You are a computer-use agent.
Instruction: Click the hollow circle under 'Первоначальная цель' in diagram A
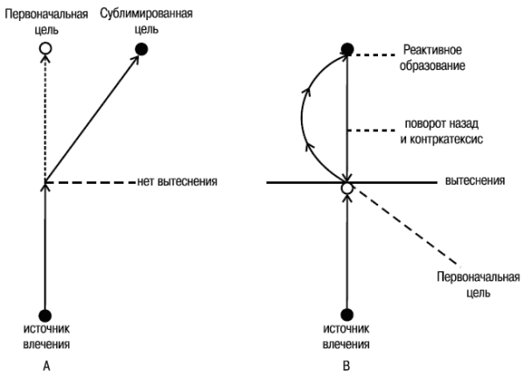click(45, 48)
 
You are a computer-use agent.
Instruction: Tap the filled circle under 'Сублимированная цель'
click(141, 49)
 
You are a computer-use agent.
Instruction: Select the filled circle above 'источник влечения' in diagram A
click(45, 315)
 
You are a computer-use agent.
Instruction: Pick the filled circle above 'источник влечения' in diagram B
click(346, 315)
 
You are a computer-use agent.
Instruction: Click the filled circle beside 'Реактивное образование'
click(347, 49)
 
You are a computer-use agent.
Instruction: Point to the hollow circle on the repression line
click(347, 188)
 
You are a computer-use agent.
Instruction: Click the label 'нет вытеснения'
click(177, 181)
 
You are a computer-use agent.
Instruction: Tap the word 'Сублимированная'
click(146, 14)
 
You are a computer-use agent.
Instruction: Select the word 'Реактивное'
click(432, 50)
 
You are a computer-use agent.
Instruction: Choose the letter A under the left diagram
click(46, 366)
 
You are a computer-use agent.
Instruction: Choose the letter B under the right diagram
click(346, 366)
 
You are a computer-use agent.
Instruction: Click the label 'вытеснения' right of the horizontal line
click(475, 181)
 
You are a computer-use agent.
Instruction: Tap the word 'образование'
click(432, 66)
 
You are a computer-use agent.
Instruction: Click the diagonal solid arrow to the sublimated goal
click(92, 118)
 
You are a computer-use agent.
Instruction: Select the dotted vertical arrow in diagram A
click(45, 119)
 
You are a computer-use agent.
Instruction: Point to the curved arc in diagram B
click(302, 117)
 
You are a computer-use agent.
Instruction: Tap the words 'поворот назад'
click(442, 124)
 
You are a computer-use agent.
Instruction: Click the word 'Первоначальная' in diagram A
click(46, 14)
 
